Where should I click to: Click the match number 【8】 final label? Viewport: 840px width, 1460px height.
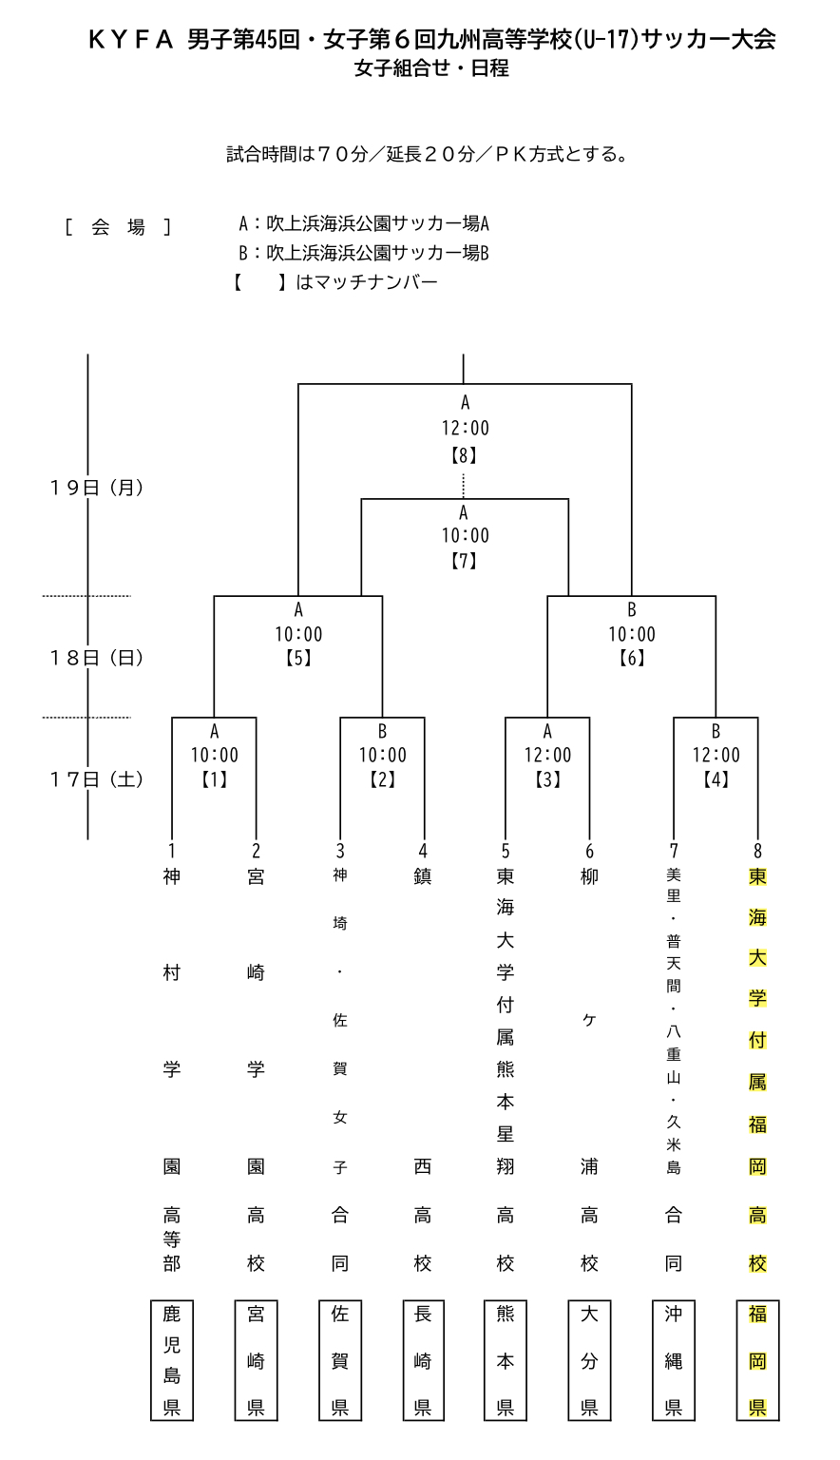point(465,454)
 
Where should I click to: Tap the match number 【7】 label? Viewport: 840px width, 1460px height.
point(465,561)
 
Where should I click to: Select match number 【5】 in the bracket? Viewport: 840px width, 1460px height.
point(298,658)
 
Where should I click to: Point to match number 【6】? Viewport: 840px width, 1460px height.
point(632,658)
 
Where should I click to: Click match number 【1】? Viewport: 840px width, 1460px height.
point(215,779)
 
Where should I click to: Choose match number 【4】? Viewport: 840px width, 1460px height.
point(716,779)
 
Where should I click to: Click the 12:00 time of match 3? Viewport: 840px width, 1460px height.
point(548,756)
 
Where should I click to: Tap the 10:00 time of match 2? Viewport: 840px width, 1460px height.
point(382,756)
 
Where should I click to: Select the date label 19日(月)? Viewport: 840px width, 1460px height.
point(96,488)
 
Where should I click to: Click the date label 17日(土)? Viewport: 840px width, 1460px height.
point(96,779)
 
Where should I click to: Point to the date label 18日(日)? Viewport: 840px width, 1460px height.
point(96,658)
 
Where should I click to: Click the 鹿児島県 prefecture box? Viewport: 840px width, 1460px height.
point(172,1360)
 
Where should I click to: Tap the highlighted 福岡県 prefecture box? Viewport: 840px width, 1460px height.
point(757,1360)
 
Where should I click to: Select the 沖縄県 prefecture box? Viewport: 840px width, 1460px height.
point(674,1360)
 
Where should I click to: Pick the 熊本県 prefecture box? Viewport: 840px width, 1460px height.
point(506,1360)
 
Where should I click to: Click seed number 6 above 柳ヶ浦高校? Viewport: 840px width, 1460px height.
point(590,852)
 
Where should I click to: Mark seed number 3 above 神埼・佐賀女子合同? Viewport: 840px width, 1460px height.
point(340,852)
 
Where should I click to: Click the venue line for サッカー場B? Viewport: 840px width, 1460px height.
point(364,254)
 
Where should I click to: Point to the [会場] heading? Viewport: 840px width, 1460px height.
point(118,227)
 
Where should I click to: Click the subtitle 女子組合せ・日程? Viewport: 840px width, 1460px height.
point(431,68)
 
